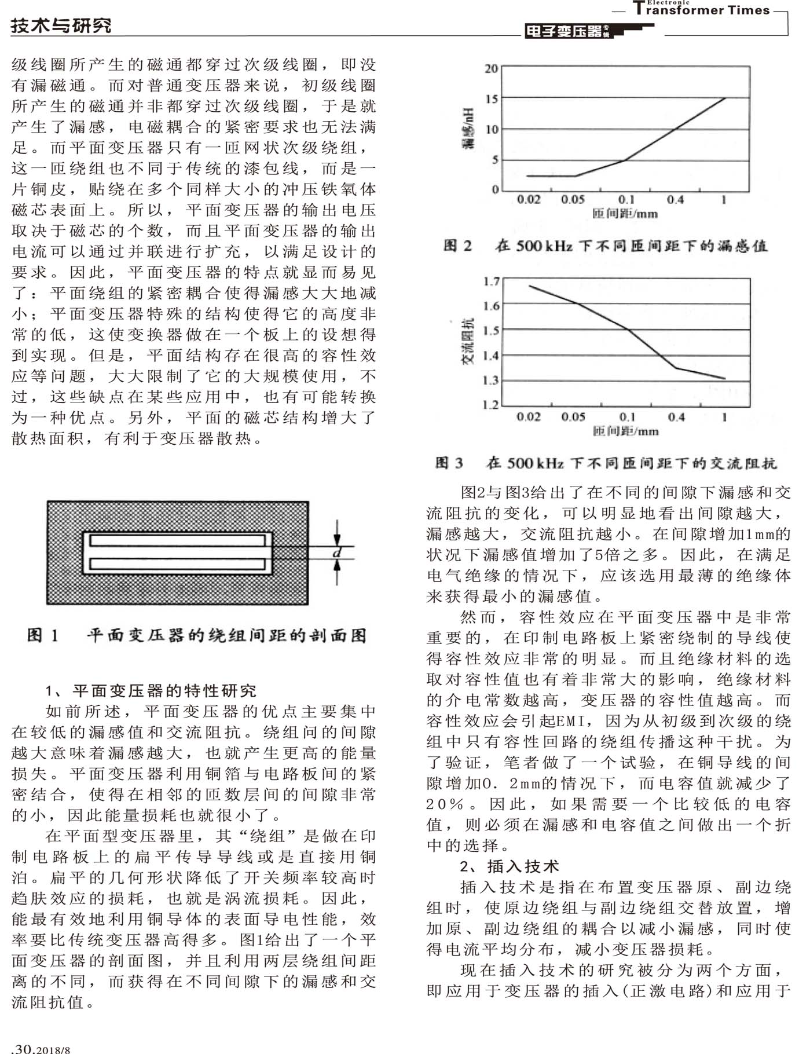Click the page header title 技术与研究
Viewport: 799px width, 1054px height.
[61, 25]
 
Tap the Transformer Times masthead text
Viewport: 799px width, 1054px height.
[701, 9]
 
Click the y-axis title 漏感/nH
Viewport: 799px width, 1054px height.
[468, 129]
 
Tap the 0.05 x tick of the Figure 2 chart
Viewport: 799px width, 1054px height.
[573, 200]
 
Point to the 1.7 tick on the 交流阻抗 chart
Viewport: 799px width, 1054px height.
[491, 282]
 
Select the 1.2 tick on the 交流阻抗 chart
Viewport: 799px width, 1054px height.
[491, 404]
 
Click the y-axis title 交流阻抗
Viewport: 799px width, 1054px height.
[467, 341]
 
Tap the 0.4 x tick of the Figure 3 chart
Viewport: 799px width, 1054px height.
[676, 417]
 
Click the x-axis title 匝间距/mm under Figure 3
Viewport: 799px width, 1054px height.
[625, 431]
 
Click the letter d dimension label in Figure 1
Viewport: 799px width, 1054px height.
[337, 553]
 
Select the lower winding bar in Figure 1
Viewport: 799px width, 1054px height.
[180, 563]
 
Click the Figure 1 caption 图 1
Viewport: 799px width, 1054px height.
[43, 636]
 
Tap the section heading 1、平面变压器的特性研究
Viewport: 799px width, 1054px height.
[151, 690]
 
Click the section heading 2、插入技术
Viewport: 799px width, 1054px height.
[510, 866]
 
